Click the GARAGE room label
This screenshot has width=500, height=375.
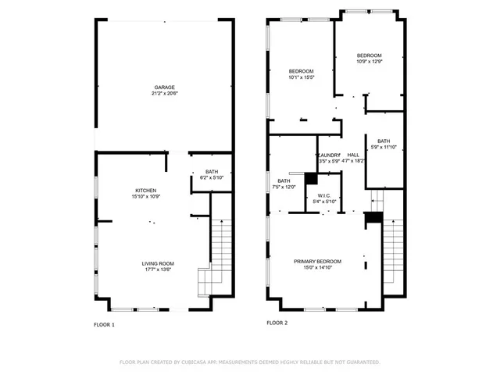[164, 87]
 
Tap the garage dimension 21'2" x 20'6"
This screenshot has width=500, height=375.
[164, 94]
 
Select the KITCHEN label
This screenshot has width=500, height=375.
[146, 191]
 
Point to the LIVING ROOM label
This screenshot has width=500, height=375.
[157, 263]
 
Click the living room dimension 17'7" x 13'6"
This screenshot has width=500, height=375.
[157, 270]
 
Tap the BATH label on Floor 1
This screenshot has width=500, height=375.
[212, 172]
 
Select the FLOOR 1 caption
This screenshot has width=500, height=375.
[104, 323]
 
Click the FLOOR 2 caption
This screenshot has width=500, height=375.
[277, 322]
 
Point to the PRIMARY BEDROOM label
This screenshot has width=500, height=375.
[317, 261]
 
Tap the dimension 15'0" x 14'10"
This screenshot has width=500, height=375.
[317, 267]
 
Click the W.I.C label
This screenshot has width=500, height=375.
[324, 195]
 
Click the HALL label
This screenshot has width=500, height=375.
[353, 155]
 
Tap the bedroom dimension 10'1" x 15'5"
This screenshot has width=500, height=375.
[301, 77]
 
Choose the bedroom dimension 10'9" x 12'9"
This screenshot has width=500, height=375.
[369, 62]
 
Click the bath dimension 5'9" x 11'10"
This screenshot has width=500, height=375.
[384, 147]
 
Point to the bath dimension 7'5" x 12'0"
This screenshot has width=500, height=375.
[284, 187]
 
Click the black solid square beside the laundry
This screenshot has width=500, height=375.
[310, 178]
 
